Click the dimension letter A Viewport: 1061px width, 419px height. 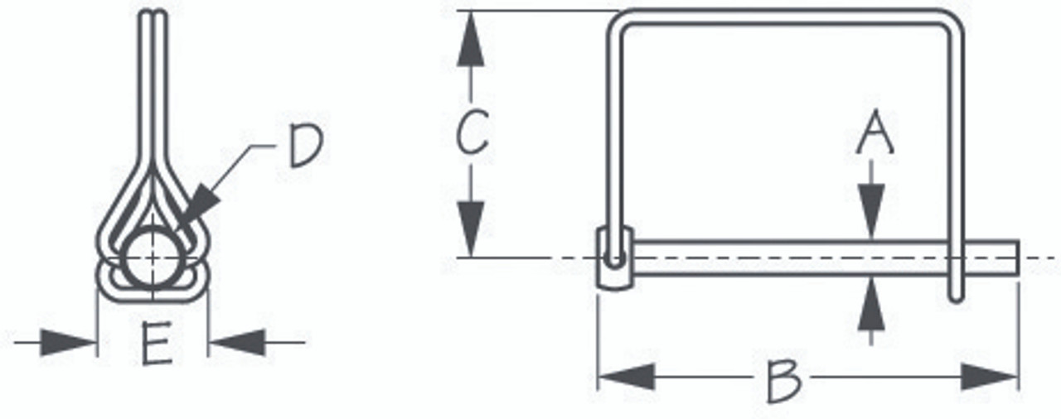click(874, 136)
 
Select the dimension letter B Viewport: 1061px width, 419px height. click(782, 380)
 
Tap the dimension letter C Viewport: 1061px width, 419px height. click(472, 132)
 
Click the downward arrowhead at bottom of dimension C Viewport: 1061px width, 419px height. click(470, 228)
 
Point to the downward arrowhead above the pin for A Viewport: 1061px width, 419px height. click(871, 211)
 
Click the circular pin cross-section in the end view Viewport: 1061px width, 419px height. click(154, 257)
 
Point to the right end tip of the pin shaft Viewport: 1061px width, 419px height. click(1016, 258)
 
